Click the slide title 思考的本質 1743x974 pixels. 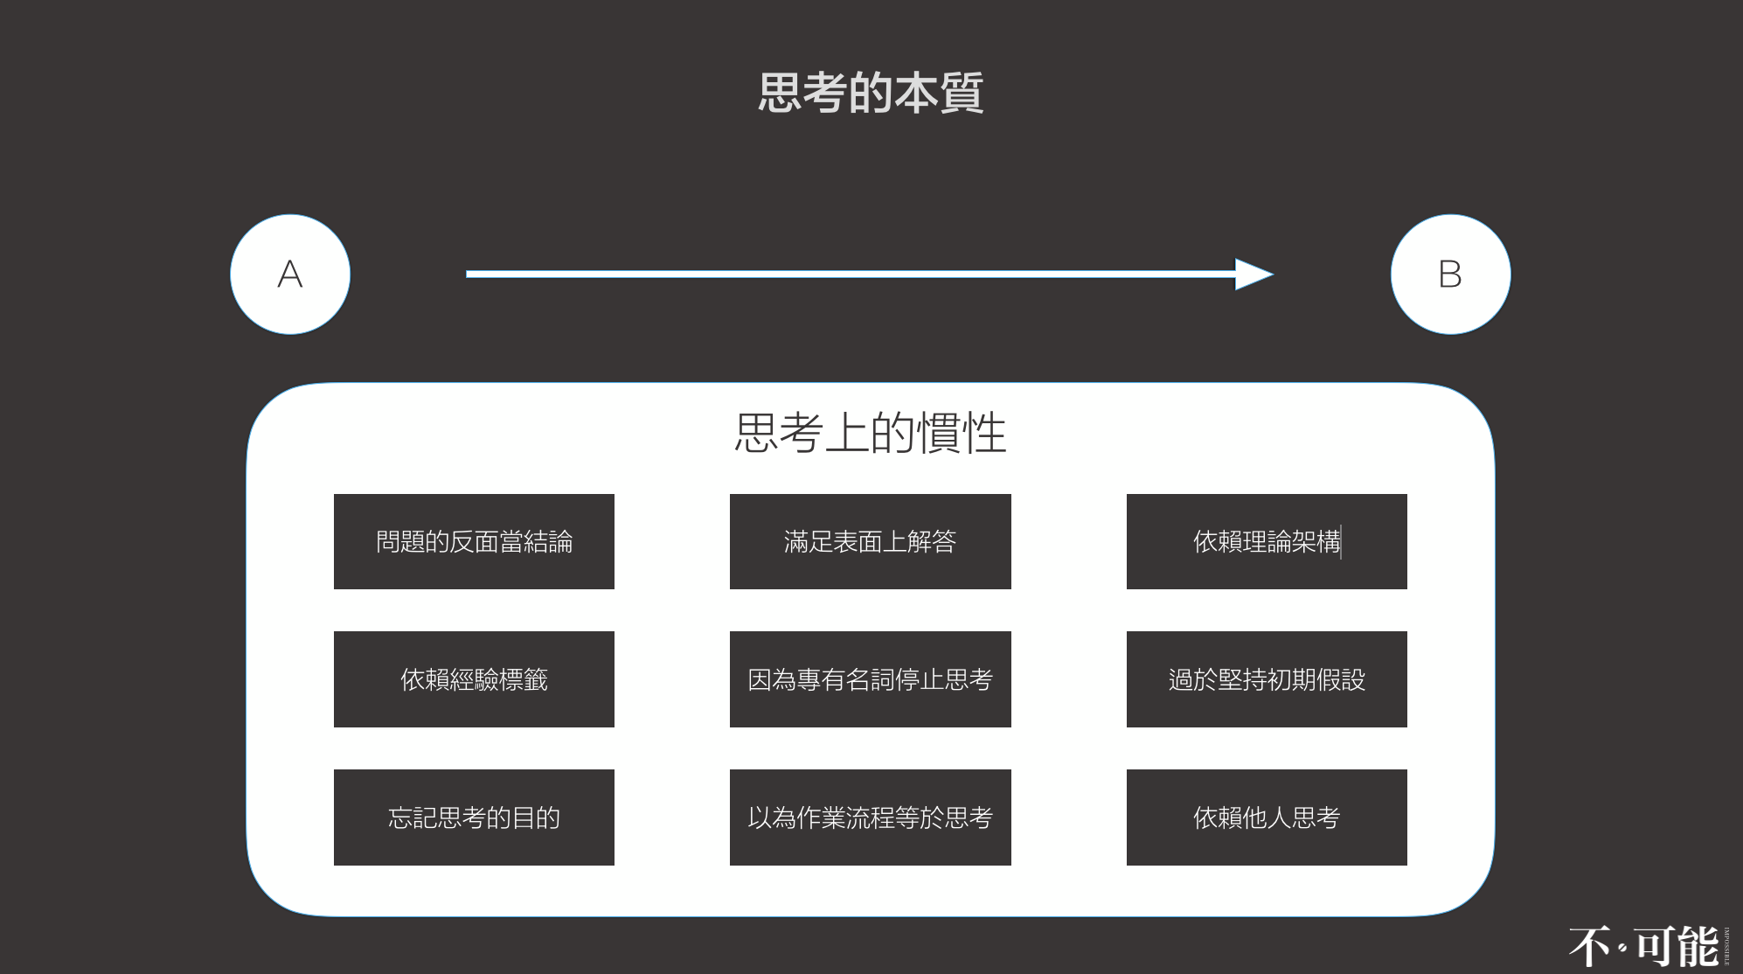pos(871,94)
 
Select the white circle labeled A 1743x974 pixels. pos(290,274)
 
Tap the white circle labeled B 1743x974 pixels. pos(1450,274)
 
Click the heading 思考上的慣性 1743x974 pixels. pos(871,433)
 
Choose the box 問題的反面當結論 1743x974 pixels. pos(474,541)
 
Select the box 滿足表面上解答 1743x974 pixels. pos(870,541)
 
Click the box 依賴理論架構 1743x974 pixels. pos(1266,541)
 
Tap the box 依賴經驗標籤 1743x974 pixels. pos(474,679)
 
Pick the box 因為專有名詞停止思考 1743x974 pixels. pos(870,679)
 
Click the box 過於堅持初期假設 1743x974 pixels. pos(1266,679)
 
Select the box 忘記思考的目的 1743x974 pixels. pos(474,817)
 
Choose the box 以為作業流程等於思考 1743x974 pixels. pos(870,817)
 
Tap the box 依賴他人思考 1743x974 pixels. pos(1266,817)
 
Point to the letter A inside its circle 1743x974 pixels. pos(290,275)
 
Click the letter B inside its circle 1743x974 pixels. pos(1450,275)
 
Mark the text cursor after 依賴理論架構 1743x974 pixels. pos(1342,542)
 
